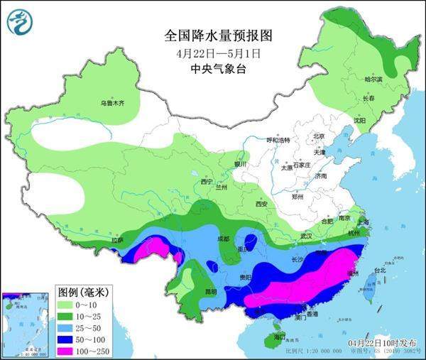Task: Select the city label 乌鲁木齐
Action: (x=111, y=104)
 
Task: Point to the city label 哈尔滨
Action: (x=373, y=80)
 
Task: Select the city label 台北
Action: (x=379, y=271)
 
